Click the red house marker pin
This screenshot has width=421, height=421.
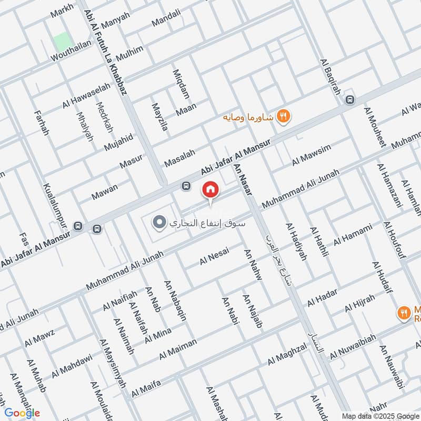pos(210,189)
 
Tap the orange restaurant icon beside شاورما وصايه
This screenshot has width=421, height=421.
pos(283,116)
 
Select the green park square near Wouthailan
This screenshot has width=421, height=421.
pos(62,41)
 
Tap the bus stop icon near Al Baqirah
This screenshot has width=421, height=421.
pos(349,99)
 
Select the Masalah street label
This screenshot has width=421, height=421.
pos(179,157)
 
